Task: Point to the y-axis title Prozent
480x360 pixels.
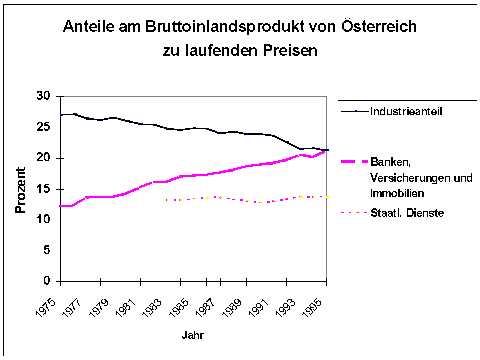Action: tap(20, 191)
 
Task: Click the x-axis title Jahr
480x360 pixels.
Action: tap(193, 335)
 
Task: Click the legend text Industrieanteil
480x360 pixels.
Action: tap(406, 111)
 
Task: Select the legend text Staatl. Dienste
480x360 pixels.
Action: tap(407, 213)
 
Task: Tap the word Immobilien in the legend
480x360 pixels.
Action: tap(397, 193)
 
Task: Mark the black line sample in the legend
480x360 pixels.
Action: tap(354, 111)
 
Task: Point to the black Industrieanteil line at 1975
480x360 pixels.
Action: tap(61, 115)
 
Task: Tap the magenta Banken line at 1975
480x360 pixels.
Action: tap(61, 206)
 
